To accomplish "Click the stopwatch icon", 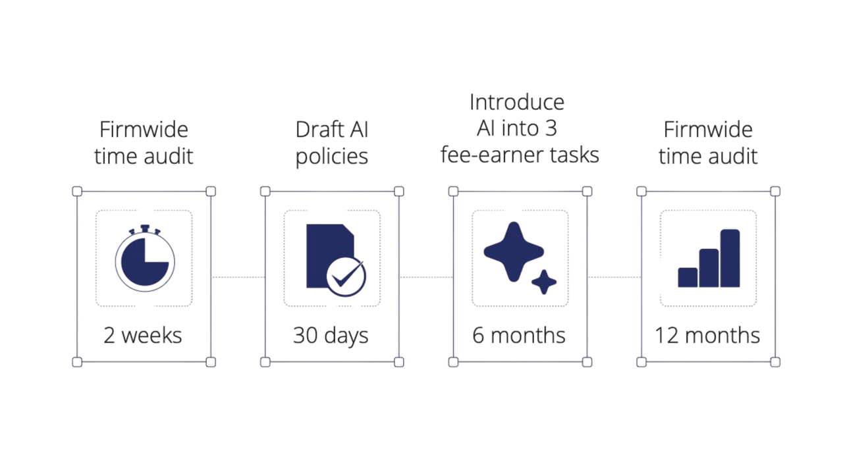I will pyautogui.click(x=144, y=259).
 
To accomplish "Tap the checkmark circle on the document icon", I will pyautogui.click(x=347, y=277).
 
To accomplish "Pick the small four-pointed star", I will pyautogui.click(x=544, y=282).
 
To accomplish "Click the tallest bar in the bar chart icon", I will pyautogui.click(x=730, y=258).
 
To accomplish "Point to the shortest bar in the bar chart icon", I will pyautogui.click(x=688, y=277).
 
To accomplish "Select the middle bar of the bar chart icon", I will pyautogui.click(x=709, y=268).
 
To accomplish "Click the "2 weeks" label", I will pyautogui.click(x=143, y=335).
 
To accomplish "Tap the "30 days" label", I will pyautogui.click(x=331, y=335).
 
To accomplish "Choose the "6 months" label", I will pyautogui.click(x=519, y=335).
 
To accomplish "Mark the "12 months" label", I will pyautogui.click(x=707, y=335).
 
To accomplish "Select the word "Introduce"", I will pyautogui.click(x=517, y=102).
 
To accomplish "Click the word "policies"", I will pyautogui.click(x=331, y=156).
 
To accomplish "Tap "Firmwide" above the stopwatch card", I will pyautogui.click(x=144, y=129).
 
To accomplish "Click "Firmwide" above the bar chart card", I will pyautogui.click(x=708, y=129).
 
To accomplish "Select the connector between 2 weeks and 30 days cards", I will pyautogui.click(x=238, y=277).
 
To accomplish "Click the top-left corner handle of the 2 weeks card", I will pyautogui.click(x=77, y=192).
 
